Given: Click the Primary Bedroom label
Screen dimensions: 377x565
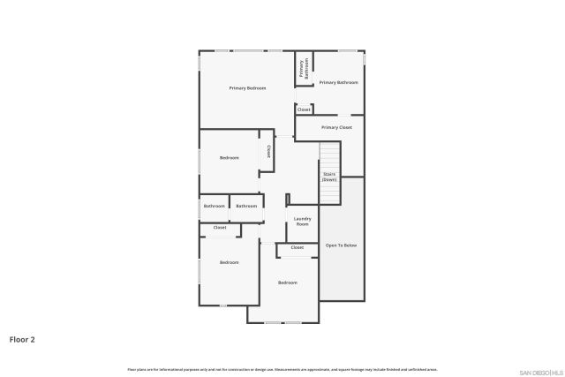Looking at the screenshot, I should click(247, 88).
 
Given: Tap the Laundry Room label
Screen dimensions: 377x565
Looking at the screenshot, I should click(302, 222).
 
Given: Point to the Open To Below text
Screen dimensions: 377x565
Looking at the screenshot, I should click(341, 245).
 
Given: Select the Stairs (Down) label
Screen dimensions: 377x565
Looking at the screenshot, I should click(329, 177).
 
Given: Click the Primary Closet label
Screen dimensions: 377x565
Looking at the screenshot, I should click(336, 128).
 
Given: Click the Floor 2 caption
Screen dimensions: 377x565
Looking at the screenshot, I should click(22, 338).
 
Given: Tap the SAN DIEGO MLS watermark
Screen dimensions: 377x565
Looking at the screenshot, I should click(539, 371).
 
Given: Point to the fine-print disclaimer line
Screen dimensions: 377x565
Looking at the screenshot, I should click(282, 369).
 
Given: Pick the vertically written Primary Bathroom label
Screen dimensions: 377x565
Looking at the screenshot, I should click(303, 70).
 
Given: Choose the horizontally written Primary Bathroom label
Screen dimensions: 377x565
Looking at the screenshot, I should click(339, 82).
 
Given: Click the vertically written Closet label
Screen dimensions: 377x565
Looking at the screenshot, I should click(268, 151).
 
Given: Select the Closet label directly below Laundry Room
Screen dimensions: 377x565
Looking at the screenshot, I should click(298, 247).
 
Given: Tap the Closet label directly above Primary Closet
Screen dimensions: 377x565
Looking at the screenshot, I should click(304, 109).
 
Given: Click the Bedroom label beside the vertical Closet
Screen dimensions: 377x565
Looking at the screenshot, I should click(230, 157).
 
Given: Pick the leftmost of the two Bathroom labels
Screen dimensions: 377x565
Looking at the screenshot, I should click(214, 207).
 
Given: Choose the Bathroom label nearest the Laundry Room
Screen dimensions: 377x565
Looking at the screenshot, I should click(246, 207).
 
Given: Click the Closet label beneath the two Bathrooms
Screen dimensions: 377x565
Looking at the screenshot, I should click(220, 228).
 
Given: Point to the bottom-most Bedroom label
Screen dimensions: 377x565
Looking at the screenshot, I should click(288, 283).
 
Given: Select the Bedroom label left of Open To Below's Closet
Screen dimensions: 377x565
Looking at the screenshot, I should click(230, 262).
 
